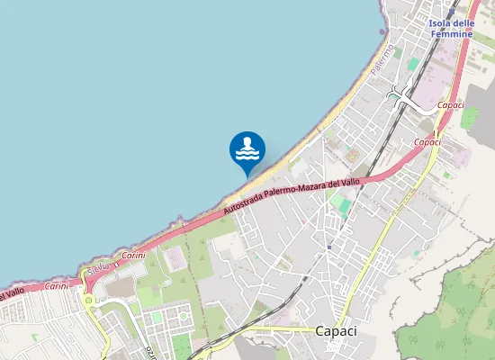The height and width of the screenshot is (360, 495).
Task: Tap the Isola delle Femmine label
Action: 452,28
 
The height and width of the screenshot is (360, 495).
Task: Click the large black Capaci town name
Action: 336,331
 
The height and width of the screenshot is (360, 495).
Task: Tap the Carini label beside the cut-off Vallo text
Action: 56,285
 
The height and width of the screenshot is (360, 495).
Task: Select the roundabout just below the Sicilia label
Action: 90,301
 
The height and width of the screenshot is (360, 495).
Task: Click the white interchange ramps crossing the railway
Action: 402,93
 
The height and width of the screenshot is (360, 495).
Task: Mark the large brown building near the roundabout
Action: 121,287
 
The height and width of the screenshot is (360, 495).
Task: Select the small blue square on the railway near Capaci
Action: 329,244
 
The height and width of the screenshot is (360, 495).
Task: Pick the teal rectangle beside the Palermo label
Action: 413,65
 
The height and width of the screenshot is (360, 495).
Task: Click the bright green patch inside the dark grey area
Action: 469,117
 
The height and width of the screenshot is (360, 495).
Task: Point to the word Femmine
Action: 452,33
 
